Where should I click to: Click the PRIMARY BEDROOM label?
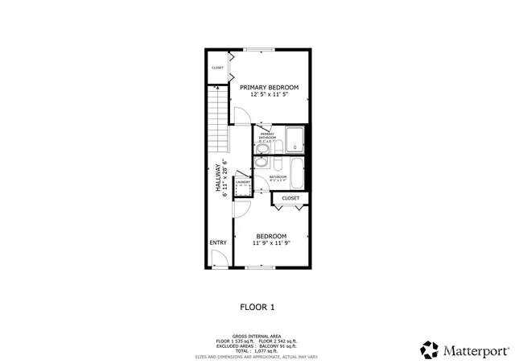pos(269,87)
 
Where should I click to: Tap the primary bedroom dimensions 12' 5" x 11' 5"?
pos(269,95)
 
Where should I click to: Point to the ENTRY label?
pos(217,242)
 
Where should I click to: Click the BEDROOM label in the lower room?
pos(271,236)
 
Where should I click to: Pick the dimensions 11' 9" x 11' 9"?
pos(271,243)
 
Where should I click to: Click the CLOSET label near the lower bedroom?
pos(290,197)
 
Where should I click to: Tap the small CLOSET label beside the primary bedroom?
pos(218,68)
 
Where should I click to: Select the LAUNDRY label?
pos(243,182)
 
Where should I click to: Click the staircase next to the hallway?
pos(219,121)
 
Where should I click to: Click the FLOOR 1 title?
pos(257,306)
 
